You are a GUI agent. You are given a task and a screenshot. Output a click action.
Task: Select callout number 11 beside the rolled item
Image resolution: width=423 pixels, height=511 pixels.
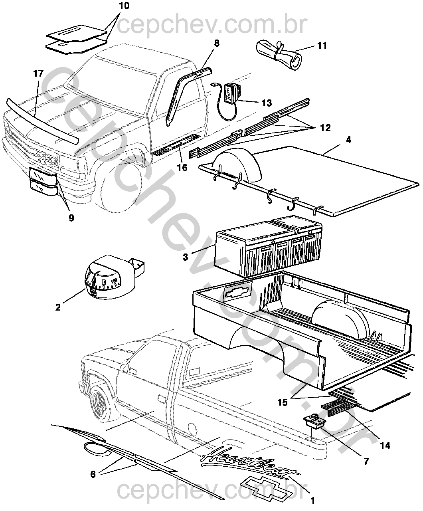(x=322, y=46)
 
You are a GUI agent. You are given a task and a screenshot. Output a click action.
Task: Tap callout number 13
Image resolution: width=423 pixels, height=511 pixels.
(x=267, y=103)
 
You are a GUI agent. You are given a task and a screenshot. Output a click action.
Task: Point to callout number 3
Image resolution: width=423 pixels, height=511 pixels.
(x=185, y=257)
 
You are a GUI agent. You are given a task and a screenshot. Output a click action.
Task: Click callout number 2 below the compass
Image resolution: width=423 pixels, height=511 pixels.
(x=58, y=307)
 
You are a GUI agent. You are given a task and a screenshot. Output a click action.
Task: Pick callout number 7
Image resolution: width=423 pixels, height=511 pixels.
(x=366, y=461)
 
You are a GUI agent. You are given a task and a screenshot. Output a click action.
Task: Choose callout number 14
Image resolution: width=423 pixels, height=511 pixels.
(x=385, y=445)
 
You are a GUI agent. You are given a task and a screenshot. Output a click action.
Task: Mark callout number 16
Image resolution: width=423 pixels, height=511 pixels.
(x=182, y=168)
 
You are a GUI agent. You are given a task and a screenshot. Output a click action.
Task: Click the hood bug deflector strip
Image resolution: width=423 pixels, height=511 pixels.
(x=42, y=120)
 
